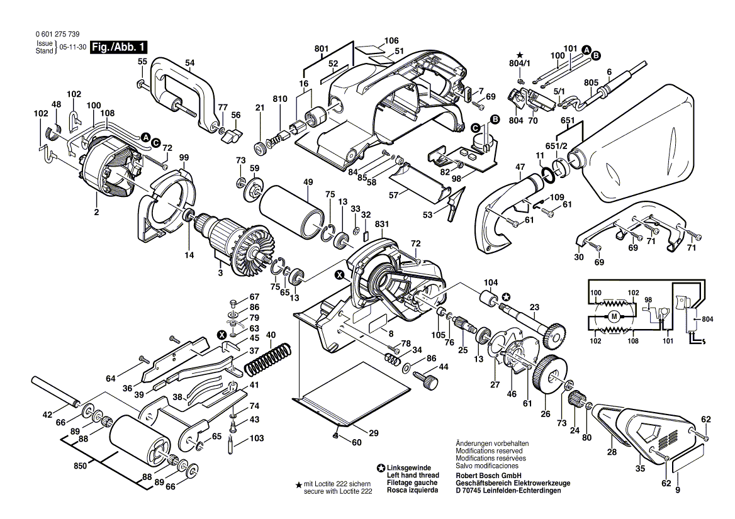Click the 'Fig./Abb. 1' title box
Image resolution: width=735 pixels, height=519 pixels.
(119, 47)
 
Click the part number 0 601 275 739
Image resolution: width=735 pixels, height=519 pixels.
(53, 35)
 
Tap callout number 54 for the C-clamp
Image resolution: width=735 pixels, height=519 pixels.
(189, 62)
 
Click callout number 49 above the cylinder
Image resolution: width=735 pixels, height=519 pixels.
(308, 182)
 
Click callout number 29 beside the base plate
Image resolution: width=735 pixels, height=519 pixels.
(373, 433)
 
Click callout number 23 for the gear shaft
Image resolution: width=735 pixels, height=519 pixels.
(534, 308)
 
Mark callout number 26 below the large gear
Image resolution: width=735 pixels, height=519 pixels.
(545, 414)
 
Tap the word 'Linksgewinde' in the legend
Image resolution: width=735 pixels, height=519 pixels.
(409, 467)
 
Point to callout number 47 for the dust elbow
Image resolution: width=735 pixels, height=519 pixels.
(520, 167)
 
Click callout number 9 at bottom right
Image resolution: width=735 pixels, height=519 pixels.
(678, 490)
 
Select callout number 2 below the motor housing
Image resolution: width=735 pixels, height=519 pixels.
(97, 213)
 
